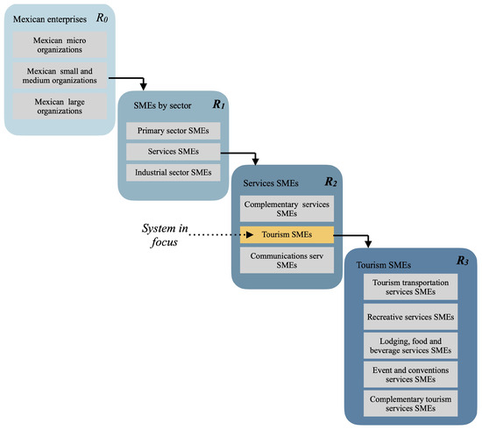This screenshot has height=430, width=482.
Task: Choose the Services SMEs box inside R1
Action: tap(173, 152)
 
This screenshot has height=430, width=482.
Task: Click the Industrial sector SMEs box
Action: tap(173, 173)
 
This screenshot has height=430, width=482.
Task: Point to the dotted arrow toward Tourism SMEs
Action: tap(219, 234)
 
